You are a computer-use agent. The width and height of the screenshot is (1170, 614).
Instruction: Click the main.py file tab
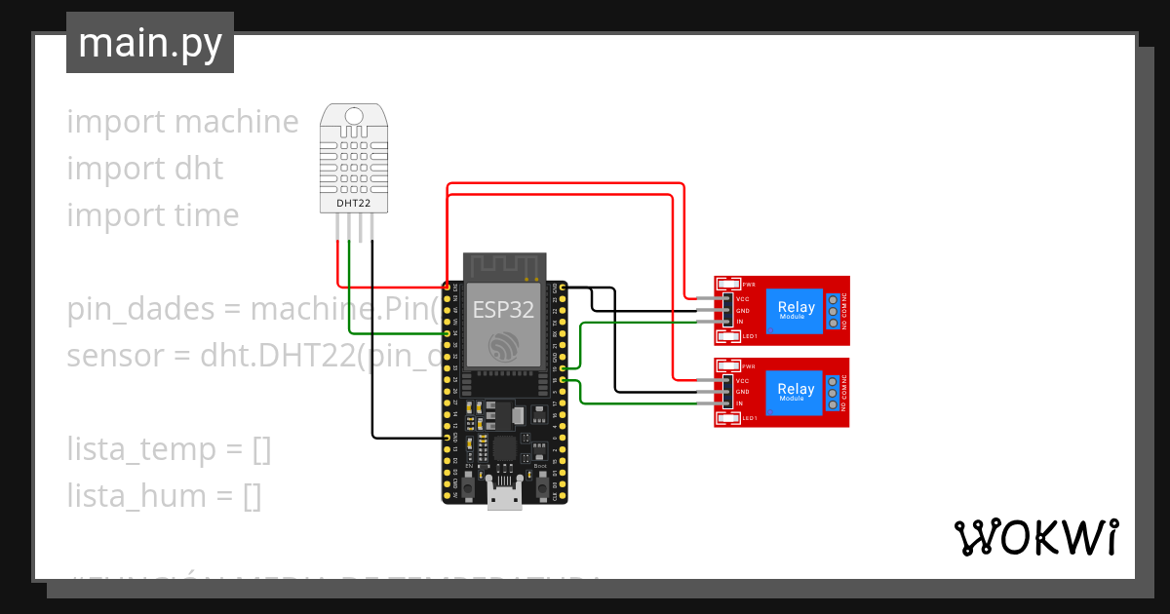pos(149,43)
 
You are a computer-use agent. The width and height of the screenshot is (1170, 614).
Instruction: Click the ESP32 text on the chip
pos(503,309)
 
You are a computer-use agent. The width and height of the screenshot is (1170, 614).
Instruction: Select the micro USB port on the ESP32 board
pos(504,498)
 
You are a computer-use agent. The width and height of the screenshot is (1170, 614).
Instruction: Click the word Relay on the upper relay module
pos(796,308)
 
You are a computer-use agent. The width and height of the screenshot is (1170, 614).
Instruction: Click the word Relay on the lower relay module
pos(796,390)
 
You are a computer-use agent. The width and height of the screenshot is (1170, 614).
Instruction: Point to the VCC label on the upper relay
pos(743,299)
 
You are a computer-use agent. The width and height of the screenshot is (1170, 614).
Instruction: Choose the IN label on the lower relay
pos(740,403)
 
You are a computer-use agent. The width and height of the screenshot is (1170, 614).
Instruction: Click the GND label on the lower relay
pos(743,392)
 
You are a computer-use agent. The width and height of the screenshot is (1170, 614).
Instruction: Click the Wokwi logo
pos(1035,537)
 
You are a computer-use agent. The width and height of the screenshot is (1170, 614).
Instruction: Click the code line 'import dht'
pos(144,169)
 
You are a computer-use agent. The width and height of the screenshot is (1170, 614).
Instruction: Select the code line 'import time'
pos(152,215)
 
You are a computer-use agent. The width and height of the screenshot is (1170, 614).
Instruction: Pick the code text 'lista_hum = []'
pos(164,496)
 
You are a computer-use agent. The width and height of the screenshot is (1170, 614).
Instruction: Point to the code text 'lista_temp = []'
pos(169,449)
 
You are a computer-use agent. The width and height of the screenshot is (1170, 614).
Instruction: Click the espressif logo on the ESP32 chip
pos(503,346)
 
